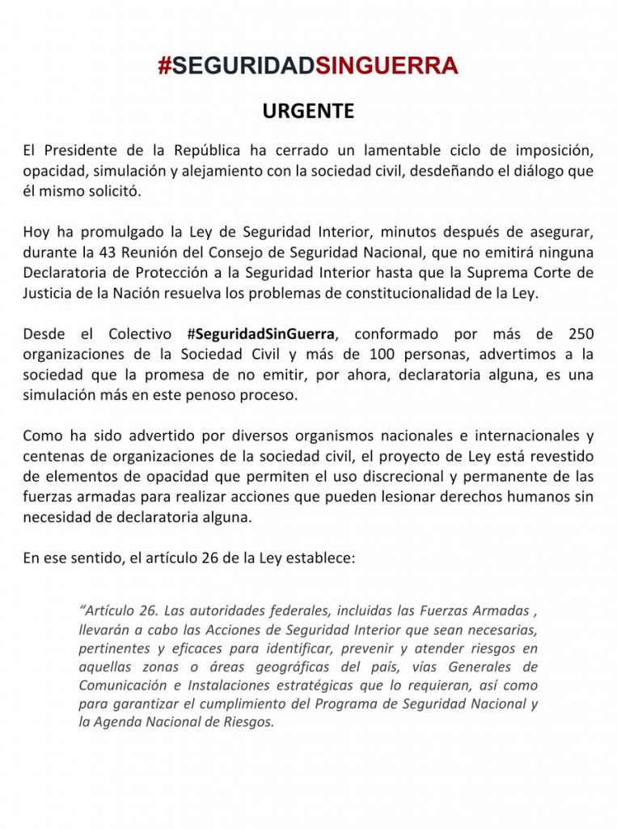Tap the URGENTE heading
pyautogui.click(x=308, y=112)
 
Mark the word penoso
pyautogui.click(x=251, y=396)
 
